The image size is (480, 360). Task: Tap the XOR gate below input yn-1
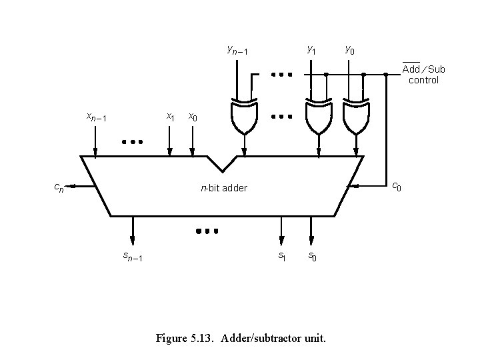243,116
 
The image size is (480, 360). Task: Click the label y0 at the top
349,50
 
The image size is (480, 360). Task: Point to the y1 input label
311,50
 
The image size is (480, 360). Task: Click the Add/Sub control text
423,75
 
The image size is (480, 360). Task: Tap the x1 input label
170,117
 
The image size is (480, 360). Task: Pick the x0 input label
193,117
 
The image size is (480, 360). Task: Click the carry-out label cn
59,188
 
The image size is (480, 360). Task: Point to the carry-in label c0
395,186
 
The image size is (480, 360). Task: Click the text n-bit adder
224,188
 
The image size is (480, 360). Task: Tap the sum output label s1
281,256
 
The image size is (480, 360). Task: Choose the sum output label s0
311,256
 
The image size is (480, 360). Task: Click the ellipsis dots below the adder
207,231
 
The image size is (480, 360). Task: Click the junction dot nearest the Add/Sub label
386,75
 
